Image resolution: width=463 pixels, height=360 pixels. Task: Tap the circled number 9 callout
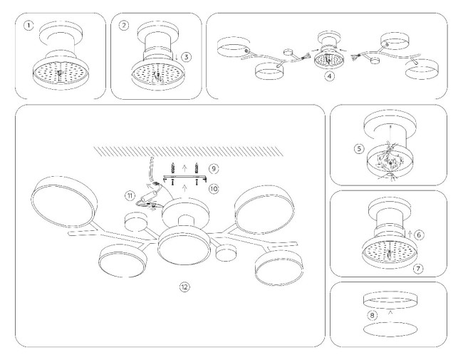tap(213, 169)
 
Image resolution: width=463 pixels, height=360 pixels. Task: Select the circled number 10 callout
tap(213, 187)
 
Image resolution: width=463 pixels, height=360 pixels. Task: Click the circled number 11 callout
tap(130, 195)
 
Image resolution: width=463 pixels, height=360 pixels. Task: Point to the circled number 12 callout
tap(184, 287)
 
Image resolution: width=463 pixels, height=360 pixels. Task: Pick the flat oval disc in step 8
tap(390, 330)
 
